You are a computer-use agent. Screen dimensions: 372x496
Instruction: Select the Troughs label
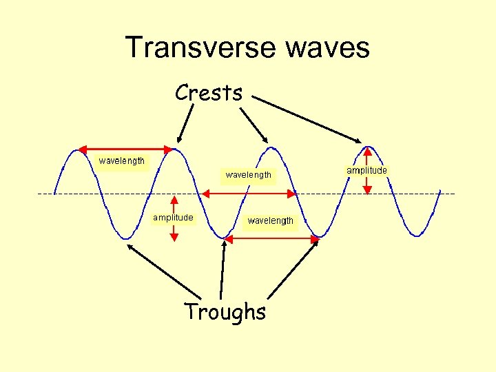225,312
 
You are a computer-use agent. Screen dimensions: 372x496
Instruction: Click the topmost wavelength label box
122,161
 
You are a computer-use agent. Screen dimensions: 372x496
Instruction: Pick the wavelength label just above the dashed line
249,175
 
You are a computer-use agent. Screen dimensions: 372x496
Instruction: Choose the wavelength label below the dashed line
270,220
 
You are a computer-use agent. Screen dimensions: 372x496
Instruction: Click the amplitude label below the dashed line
173,218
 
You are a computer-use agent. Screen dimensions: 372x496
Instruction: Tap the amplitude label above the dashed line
366,170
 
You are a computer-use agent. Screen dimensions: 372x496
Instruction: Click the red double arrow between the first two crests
125,148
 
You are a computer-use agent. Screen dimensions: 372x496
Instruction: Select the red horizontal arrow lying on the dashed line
252,194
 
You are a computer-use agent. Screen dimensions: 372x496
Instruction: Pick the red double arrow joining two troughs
273,238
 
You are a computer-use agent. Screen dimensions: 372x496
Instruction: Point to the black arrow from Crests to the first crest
185,123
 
